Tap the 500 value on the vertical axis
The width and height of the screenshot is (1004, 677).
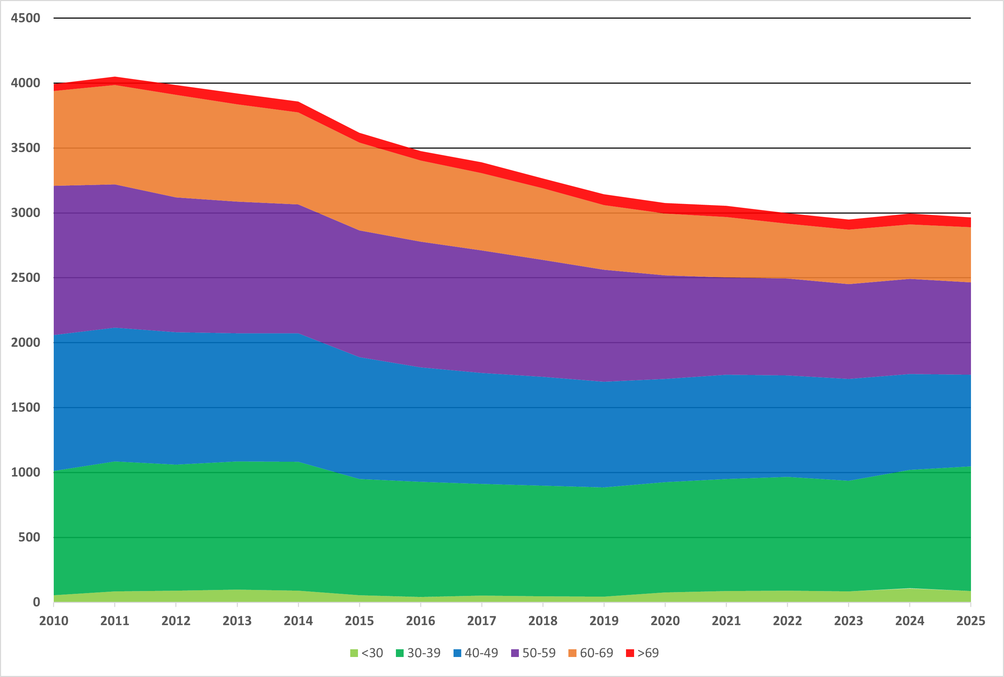pyautogui.click(x=29, y=537)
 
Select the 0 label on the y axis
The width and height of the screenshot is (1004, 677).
pyautogui.click(x=36, y=602)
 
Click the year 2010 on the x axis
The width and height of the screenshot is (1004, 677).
pyautogui.click(x=53, y=621)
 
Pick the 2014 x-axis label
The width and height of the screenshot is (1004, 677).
pyautogui.click(x=298, y=621)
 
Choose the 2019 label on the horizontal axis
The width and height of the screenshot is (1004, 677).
pyautogui.click(x=604, y=621)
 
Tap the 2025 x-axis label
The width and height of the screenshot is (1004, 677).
pyautogui.click(x=971, y=621)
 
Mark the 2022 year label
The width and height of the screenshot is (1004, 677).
pyautogui.click(x=787, y=621)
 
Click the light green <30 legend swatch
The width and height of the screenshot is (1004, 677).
pyautogui.click(x=354, y=653)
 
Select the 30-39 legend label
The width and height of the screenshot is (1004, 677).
pyautogui.click(x=424, y=653)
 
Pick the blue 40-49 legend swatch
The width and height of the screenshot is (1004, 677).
pyautogui.click(x=457, y=653)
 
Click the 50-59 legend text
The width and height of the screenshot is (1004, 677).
pyautogui.click(x=539, y=653)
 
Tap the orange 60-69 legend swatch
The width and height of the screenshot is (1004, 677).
pyautogui.click(x=572, y=653)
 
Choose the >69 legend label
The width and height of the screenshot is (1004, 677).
pyautogui.click(x=648, y=653)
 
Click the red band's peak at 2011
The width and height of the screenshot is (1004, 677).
pyautogui.click(x=115, y=81)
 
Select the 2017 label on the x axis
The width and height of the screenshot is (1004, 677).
pyautogui.click(x=482, y=621)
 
